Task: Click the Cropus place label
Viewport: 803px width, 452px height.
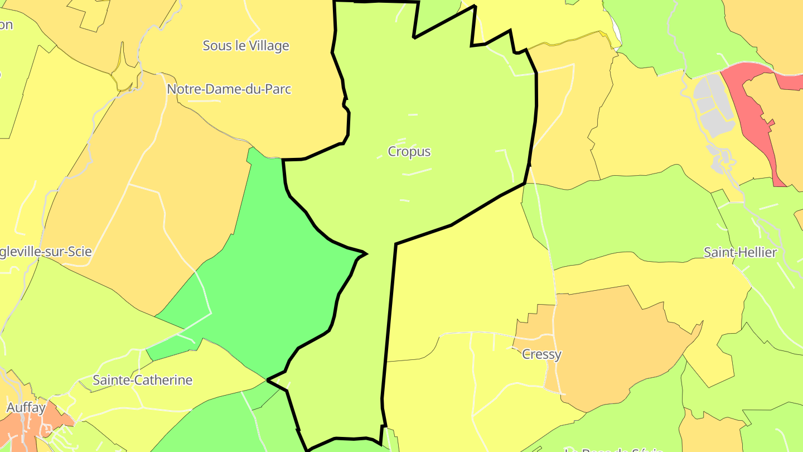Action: click(x=409, y=152)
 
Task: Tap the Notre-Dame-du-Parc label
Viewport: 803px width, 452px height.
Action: click(x=229, y=89)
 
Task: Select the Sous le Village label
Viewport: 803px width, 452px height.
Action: click(x=246, y=46)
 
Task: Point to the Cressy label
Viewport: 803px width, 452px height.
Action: click(x=541, y=354)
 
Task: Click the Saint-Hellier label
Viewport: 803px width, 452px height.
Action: click(x=740, y=253)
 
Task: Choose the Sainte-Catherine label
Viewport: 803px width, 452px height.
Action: click(x=142, y=381)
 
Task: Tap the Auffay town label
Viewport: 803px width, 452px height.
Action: click(x=26, y=408)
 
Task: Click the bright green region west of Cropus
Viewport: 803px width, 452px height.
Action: click(x=268, y=279)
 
